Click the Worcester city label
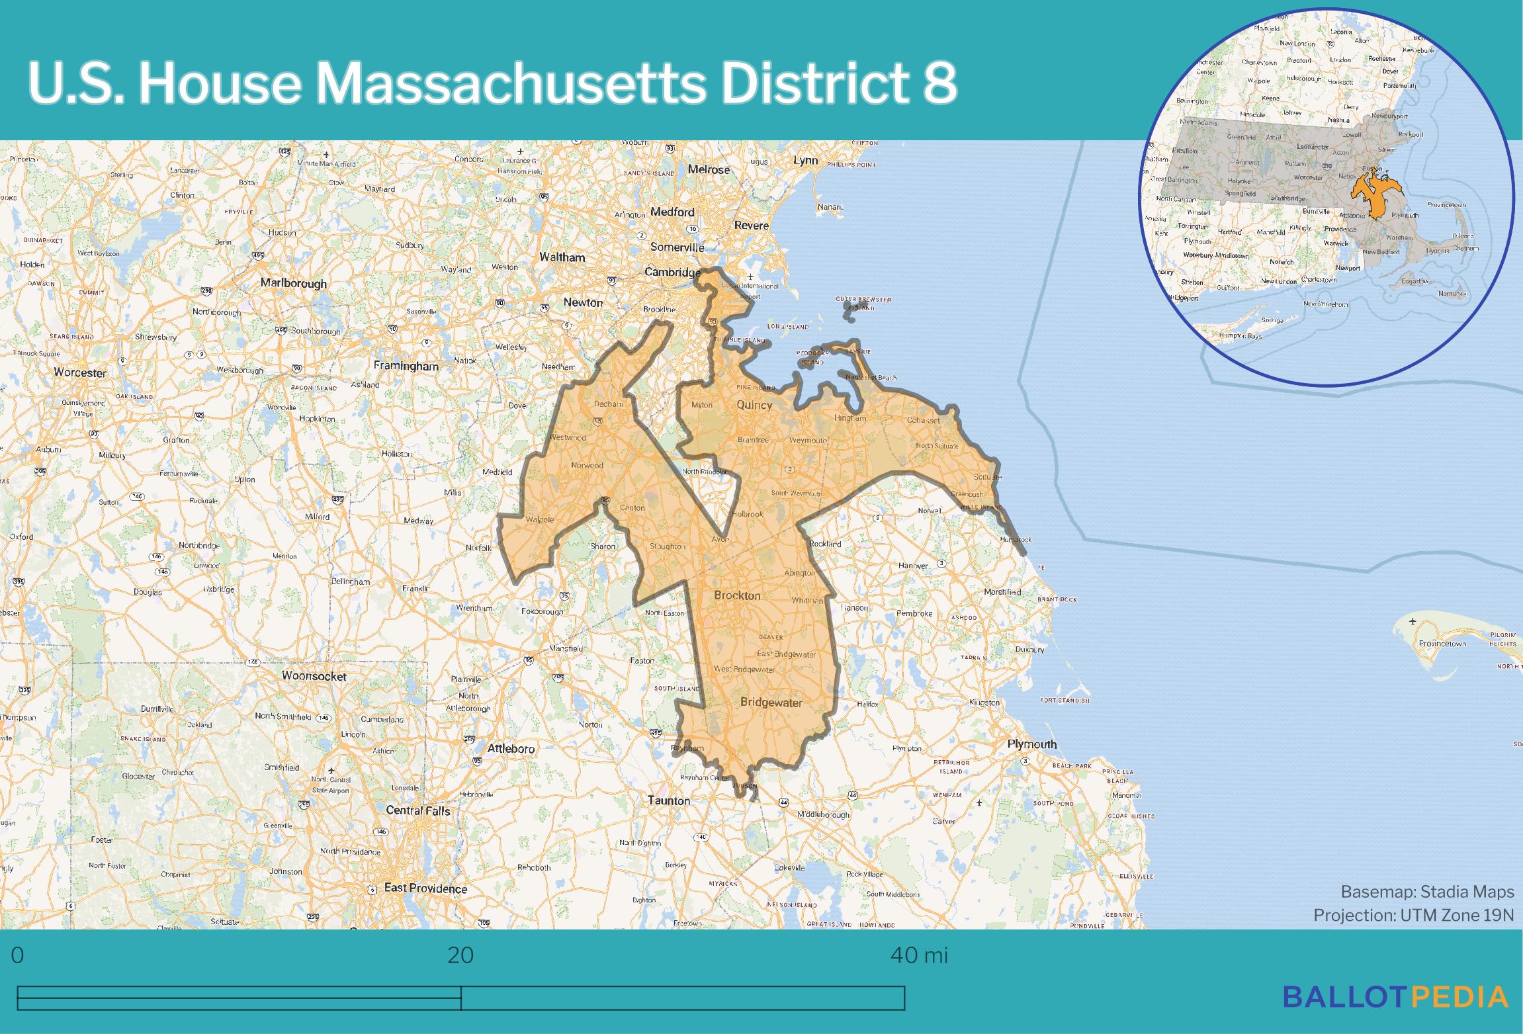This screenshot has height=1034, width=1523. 80,372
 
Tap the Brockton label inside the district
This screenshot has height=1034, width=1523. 737,595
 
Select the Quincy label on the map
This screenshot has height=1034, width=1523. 754,405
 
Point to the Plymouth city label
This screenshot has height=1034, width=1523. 1031,744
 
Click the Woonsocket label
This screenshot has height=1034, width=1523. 314,676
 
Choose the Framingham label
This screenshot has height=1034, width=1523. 406,366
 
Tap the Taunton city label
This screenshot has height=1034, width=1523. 669,800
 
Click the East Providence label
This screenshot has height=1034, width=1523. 425,888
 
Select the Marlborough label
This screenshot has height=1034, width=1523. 293,283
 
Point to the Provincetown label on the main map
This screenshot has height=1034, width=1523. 1442,644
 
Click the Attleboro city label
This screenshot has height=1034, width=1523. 511,749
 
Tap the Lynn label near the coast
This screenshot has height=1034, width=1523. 805,161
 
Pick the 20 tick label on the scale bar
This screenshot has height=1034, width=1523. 460,955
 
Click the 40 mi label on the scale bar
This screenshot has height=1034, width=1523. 919,955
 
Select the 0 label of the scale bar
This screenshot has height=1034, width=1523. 18,955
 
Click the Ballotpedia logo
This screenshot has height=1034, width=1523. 1395,996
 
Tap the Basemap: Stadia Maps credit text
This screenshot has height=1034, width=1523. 1427,892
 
